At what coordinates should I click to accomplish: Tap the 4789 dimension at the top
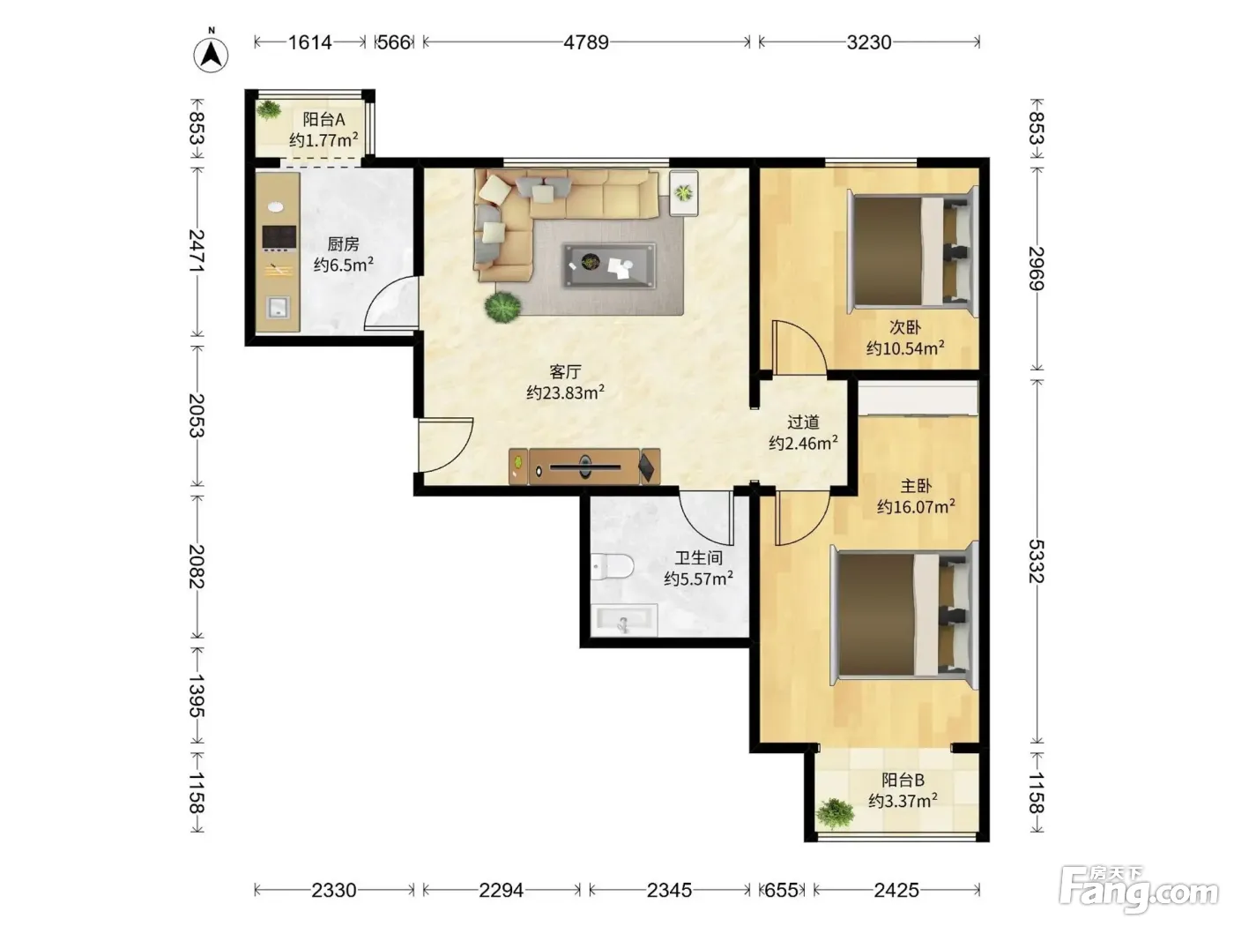(586, 42)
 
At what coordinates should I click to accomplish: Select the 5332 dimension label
(1036, 562)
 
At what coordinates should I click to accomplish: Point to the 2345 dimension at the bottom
(669, 890)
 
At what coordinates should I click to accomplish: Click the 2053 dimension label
(197, 415)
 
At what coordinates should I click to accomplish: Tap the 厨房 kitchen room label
(343, 244)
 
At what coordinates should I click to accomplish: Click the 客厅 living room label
(565, 371)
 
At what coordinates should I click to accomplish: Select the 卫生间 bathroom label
(698, 557)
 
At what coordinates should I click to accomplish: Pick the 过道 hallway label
(803, 422)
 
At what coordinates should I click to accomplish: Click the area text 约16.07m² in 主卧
(916, 506)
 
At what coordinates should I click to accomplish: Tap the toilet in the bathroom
(613, 566)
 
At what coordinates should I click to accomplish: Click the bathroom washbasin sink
(623, 620)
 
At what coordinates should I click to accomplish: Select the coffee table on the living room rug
(610, 265)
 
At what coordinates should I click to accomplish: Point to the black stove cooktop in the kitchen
(279, 237)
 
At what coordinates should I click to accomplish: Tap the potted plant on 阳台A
(270, 109)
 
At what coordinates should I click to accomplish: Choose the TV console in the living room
(584, 467)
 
